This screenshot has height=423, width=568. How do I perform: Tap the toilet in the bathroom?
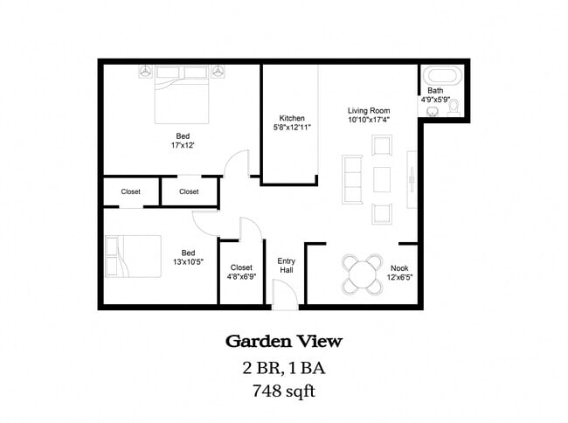click(454, 107)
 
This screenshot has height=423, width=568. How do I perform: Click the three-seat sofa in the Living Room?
click(352, 179)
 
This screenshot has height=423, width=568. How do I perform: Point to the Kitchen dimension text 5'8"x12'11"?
click(292, 128)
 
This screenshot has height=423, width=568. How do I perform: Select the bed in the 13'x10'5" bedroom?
click(133, 255)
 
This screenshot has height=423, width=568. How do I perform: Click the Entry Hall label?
click(286, 266)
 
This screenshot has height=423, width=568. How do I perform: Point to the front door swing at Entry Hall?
click(284, 296)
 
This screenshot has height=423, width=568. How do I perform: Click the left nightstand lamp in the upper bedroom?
click(146, 71)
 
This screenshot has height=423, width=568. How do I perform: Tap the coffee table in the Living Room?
click(382, 179)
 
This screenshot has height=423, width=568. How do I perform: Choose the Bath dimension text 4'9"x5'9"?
click(436, 100)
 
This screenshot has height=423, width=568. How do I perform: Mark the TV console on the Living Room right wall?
click(411, 178)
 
